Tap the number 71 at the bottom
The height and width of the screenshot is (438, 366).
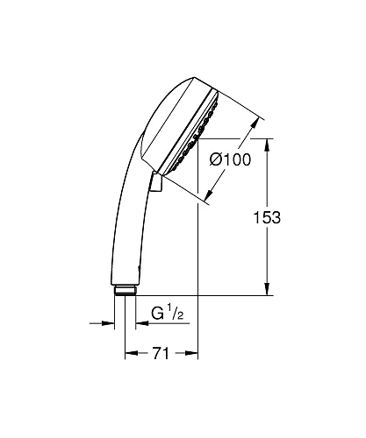coord(160,354)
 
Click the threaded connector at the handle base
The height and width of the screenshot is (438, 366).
coord(125,291)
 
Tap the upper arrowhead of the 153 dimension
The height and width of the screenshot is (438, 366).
coord(268,143)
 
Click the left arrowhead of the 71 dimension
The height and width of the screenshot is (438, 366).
coord(130,354)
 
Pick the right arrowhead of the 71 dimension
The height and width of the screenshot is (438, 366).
coord(192,354)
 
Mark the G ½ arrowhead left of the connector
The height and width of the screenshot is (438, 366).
coord(111,324)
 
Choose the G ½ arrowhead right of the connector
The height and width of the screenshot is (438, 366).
coord(140,324)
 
